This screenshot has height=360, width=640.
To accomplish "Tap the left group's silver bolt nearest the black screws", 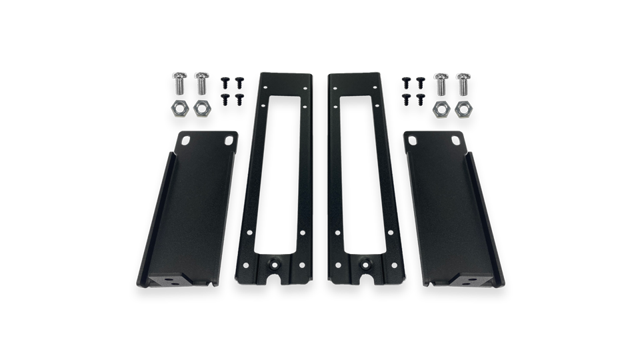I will pos(201,85).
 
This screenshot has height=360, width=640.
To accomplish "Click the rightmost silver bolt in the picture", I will pos(462,85).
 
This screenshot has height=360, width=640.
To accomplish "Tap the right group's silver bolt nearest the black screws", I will pos(440,85).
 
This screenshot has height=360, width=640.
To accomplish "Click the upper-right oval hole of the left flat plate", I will pos(230,140).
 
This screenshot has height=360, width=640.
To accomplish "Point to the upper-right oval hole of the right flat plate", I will pos(453,141).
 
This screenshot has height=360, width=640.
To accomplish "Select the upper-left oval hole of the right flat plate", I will pos(410,140).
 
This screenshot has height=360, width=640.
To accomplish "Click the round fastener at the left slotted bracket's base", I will pos(276,263).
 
